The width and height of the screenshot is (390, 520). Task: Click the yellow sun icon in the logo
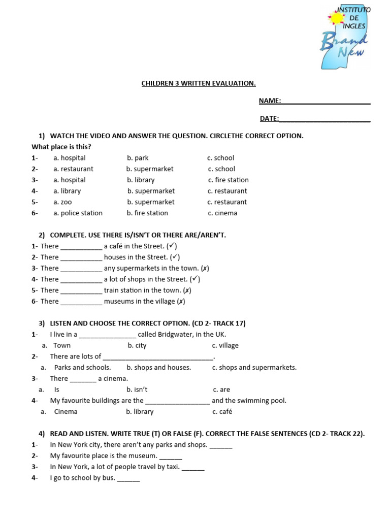point(336,19)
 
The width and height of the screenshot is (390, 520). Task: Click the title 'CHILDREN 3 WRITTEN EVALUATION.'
point(199,83)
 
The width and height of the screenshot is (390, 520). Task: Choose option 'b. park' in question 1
point(138,158)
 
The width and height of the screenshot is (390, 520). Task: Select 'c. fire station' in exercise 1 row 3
point(228,180)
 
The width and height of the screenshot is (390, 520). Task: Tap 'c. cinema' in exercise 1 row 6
point(222,213)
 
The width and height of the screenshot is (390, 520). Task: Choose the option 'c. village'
point(225,345)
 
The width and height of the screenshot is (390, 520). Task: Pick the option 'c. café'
point(222,412)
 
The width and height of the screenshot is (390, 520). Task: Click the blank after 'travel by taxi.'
point(193,467)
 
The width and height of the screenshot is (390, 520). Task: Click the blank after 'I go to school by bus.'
point(128,478)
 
